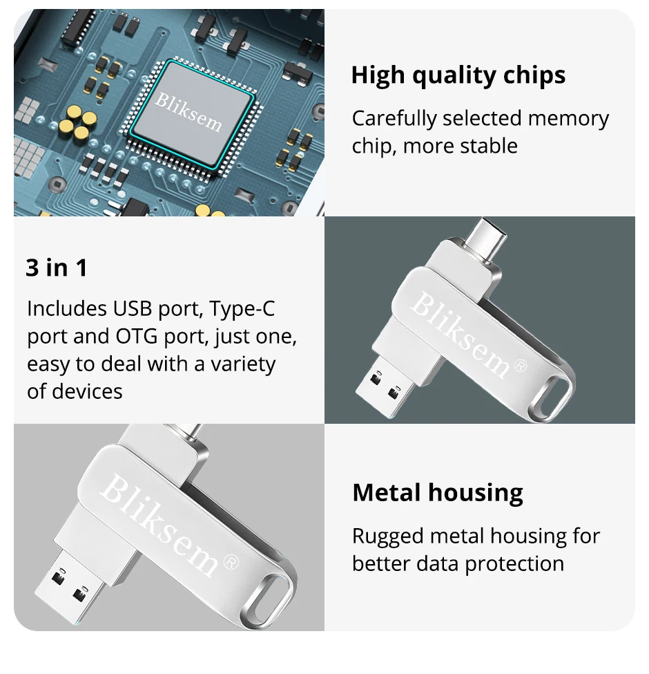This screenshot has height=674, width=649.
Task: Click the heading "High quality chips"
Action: pyautogui.click(x=458, y=75)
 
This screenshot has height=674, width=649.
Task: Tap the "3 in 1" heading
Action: pyautogui.click(x=56, y=268)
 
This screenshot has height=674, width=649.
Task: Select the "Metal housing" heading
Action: pyautogui.click(x=438, y=493)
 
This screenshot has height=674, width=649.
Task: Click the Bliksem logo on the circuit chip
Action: pyautogui.click(x=188, y=112)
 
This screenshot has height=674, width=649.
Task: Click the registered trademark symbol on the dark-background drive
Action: pyautogui.click(x=520, y=366)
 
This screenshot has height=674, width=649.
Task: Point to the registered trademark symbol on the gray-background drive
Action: pyautogui.click(x=232, y=562)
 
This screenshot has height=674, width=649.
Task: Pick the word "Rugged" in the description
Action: pyautogui.click(x=388, y=537)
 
